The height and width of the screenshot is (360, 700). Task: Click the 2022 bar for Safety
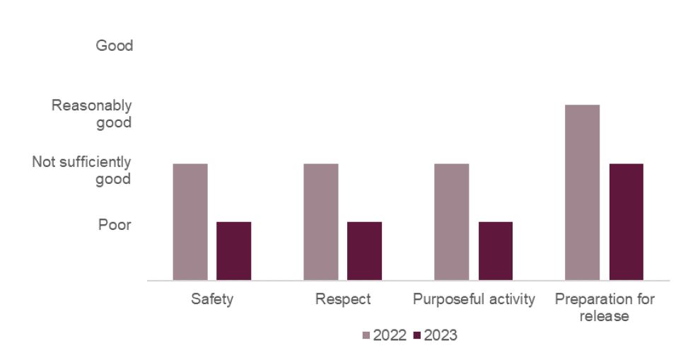pos(190,222)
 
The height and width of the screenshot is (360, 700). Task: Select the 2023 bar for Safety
pos(234,251)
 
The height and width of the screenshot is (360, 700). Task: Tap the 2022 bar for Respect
pos(321,222)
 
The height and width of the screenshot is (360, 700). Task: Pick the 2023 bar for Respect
pos(365,251)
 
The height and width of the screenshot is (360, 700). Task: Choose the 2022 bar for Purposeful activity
pos(452,222)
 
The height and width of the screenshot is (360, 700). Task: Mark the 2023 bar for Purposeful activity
pos(496,251)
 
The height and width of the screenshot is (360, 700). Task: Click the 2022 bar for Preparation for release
pos(583,192)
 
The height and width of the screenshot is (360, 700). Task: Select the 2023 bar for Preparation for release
pos(626,222)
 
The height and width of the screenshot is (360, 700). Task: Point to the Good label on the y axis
pos(115,46)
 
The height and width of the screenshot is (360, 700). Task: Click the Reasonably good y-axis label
pos(92,114)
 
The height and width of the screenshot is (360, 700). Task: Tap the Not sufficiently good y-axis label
pos(82,170)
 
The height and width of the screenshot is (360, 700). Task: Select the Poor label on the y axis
pos(115,225)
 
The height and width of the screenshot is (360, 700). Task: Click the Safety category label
pos(212,299)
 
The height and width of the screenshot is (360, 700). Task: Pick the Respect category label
pos(343,299)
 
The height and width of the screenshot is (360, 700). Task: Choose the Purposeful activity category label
pos(474,299)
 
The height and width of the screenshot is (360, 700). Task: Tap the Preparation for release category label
pos(605,308)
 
